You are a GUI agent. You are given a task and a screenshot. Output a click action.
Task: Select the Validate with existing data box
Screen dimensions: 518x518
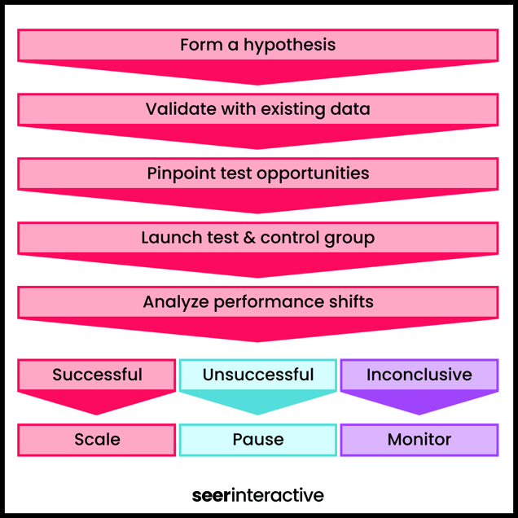(258, 109)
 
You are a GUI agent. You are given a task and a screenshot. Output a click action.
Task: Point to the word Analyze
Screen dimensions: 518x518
(176, 302)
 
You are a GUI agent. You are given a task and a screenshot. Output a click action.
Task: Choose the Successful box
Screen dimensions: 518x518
(97, 375)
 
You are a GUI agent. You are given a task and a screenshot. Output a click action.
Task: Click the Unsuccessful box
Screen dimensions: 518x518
(258, 375)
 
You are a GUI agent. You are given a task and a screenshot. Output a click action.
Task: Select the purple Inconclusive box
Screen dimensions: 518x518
(419, 375)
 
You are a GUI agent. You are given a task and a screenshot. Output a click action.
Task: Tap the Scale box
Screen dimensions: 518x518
(97, 440)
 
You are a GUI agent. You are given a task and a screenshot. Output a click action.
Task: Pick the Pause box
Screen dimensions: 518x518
(258, 440)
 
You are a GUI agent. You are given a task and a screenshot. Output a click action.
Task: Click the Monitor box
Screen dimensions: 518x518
(419, 440)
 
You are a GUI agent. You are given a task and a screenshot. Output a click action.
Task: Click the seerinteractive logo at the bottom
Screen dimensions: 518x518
(258, 495)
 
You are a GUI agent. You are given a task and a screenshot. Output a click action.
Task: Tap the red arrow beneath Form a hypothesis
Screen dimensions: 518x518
(258, 72)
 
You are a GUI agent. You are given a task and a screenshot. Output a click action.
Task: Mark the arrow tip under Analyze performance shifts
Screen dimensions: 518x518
(258, 336)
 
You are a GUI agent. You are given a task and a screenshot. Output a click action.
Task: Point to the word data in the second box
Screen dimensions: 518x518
(351, 109)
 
